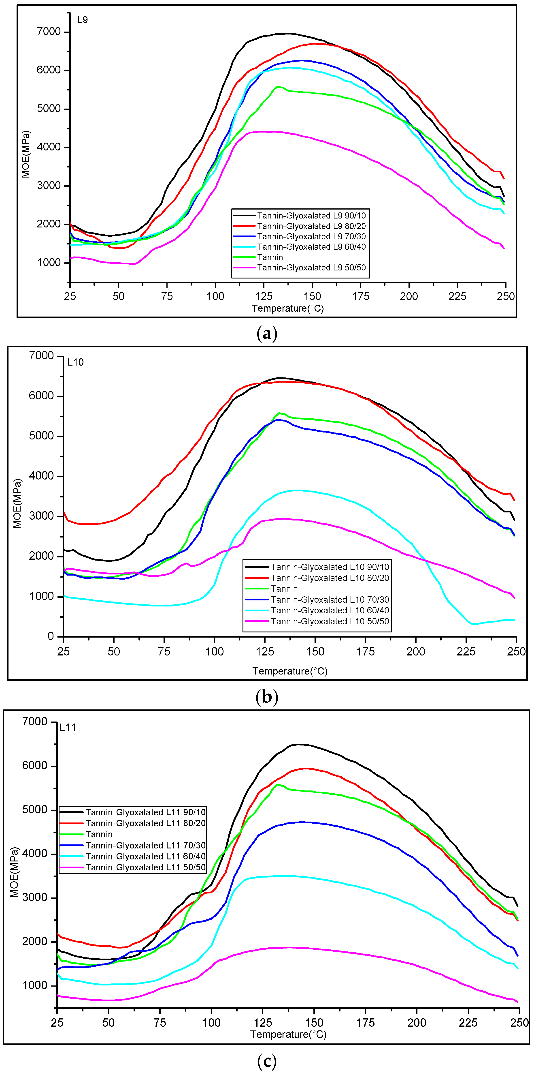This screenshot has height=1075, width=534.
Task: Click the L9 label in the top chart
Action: (82, 20)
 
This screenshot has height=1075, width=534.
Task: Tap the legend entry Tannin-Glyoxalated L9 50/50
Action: (311, 268)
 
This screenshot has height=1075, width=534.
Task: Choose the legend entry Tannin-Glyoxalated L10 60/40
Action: (330, 610)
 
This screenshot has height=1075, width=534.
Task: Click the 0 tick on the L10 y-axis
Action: (51, 636)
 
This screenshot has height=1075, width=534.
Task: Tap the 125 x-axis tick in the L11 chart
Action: (263, 1022)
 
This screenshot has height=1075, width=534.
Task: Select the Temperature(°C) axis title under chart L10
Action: (290, 671)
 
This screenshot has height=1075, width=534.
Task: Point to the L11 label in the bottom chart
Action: (68, 727)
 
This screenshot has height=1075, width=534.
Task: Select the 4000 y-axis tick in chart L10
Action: (42, 476)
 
